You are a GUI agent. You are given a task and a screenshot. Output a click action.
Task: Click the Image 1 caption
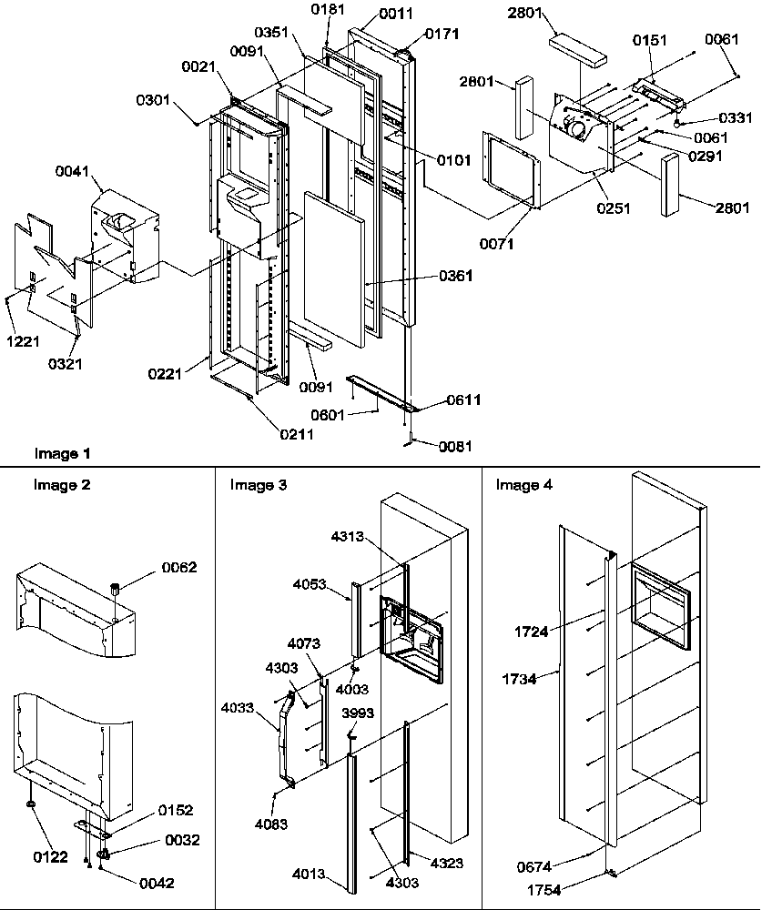pos(62,452)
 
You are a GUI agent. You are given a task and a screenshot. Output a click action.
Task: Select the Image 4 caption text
pos(523,485)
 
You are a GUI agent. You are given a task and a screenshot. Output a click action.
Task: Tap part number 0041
pos(73,171)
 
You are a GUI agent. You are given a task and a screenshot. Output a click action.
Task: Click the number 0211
pos(297,434)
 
